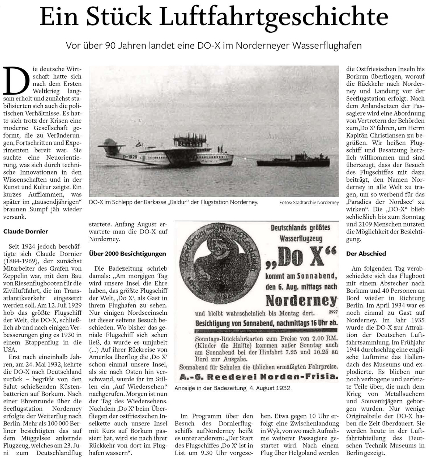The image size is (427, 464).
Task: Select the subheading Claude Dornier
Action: [x=25, y=231]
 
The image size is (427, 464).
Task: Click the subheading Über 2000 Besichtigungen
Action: [x=127, y=254]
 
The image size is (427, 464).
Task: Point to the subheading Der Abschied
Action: [x=361, y=254]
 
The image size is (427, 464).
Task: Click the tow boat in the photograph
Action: [x=293, y=160]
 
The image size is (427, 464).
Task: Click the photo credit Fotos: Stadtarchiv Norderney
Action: [x=309, y=203]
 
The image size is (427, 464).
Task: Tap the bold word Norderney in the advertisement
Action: [x=301, y=300]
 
